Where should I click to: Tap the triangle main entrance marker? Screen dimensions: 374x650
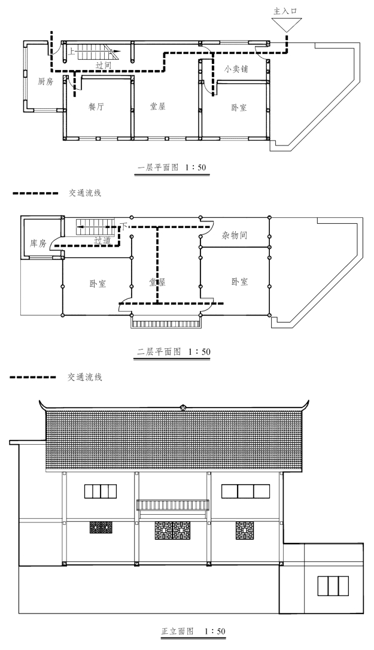285,24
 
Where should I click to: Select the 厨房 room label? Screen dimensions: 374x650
45,81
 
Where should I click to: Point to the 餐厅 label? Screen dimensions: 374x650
96,107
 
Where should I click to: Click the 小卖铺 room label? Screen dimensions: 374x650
236,69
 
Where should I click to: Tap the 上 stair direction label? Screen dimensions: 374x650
72,52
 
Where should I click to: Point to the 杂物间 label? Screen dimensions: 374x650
234,236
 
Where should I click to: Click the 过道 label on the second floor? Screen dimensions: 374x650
102,240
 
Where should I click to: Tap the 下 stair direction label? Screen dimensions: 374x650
124,225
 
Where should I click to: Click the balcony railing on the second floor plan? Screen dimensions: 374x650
165,323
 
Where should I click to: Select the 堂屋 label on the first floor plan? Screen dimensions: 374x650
157,107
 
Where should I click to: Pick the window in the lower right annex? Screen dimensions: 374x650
333,585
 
